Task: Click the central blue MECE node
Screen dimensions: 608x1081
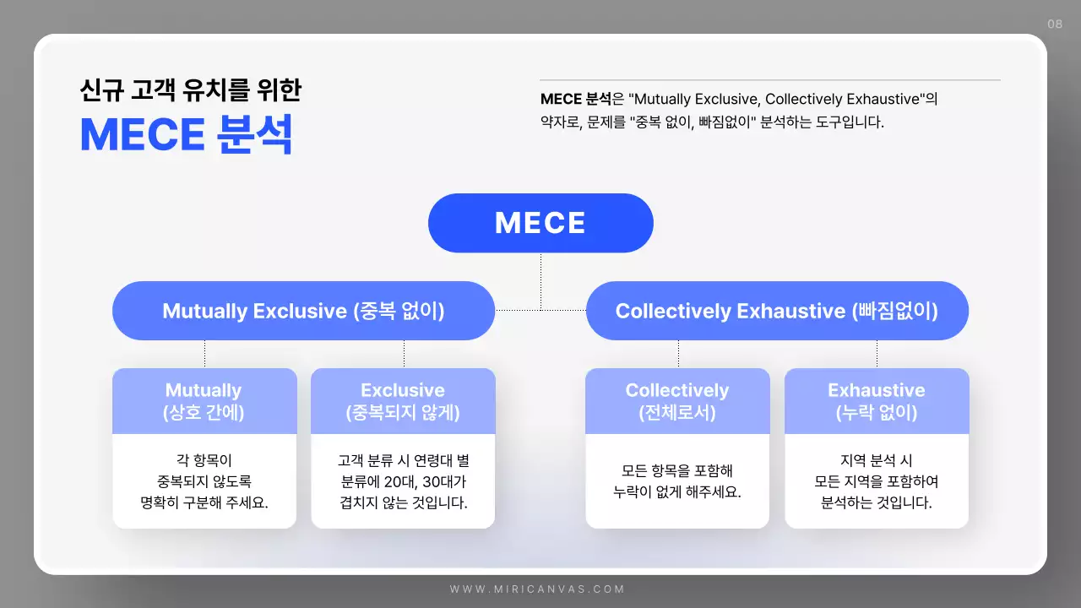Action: (540, 223)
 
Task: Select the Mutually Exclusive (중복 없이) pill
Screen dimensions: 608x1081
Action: (303, 311)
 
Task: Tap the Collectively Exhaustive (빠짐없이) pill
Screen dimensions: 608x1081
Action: (777, 311)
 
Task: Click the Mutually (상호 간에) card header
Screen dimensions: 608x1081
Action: (204, 401)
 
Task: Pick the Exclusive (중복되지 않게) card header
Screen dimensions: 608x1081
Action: (403, 401)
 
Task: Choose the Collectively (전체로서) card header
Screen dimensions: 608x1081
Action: (677, 401)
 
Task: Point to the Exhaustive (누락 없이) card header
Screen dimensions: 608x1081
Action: (877, 401)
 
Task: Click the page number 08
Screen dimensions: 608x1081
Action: (1055, 24)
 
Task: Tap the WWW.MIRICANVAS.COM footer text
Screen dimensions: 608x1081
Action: (537, 589)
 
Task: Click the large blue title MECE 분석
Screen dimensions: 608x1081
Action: (187, 135)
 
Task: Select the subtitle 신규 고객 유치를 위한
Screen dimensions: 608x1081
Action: (190, 90)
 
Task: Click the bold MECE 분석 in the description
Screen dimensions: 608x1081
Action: (575, 99)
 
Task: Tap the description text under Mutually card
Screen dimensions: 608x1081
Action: (204, 481)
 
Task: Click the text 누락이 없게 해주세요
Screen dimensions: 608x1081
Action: (677, 491)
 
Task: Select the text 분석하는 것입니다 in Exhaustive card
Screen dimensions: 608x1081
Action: (877, 502)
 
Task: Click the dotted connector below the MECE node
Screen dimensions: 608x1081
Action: (540, 279)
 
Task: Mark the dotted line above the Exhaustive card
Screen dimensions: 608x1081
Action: (877, 354)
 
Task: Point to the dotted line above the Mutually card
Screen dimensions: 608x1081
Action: (204, 354)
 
